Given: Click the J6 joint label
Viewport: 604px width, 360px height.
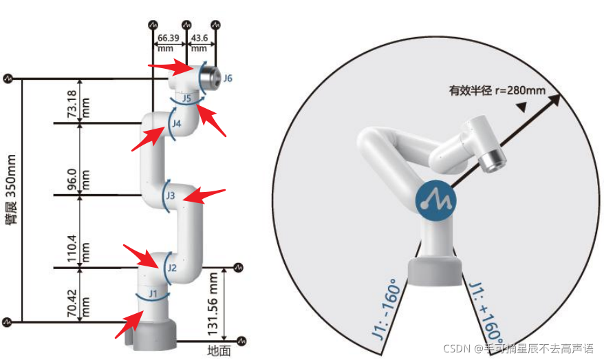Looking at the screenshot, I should point(228,78).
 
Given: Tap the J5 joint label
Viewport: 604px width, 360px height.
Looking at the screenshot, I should point(186,99).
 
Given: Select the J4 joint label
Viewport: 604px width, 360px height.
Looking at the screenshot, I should point(176,125).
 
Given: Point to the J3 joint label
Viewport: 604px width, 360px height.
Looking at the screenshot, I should point(171,196).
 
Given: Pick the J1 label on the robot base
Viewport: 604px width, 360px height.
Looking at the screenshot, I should point(153,294).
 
